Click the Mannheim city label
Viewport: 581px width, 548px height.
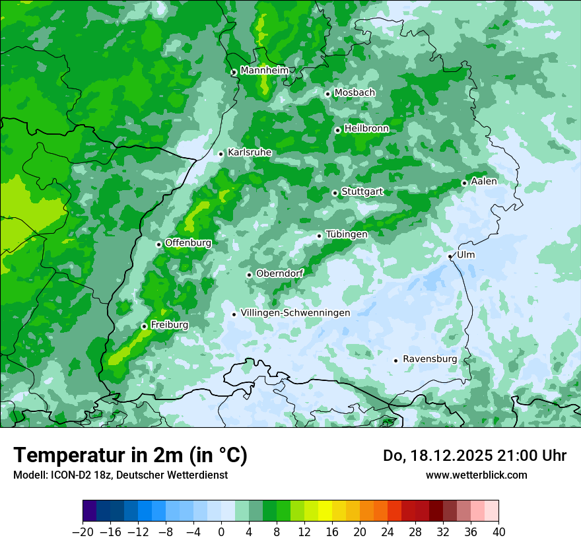click(264, 71)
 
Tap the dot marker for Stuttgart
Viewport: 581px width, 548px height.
click(335, 193)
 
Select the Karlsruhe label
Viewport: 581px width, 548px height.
click(249, 153)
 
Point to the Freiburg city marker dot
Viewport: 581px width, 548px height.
click(144, 326)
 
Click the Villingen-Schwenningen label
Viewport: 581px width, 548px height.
click(295, 313)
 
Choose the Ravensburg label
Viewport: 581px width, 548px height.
click(429, 359)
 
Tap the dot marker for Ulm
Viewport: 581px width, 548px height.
click(450, 256)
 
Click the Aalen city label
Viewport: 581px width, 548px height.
click(484, 182)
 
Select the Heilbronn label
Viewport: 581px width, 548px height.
click(366, 129)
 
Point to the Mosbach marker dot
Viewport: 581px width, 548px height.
click(327, 94)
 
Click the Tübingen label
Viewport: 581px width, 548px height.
click(346, 234)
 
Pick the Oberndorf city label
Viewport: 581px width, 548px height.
click(279, 273)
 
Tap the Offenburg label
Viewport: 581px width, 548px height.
click(188, 243)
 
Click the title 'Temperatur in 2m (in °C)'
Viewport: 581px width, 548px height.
click(130, 456)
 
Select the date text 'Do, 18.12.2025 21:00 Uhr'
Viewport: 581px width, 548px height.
click(475, 456)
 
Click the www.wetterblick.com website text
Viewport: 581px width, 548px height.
click(476, 475)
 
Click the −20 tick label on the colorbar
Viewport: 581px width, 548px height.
click(83, 532)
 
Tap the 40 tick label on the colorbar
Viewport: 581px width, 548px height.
click(498, 532)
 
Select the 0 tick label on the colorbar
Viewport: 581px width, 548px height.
click(221, 532)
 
